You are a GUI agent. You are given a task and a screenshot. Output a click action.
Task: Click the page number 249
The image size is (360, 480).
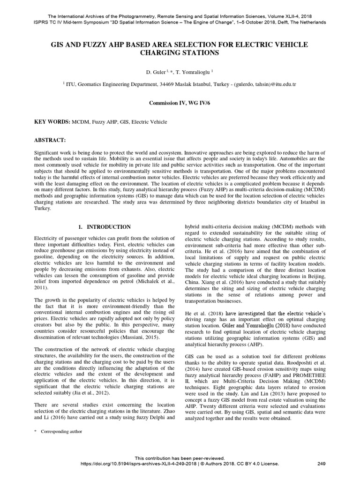click(321, 464)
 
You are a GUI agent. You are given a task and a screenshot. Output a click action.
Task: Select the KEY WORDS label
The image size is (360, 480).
click(52, 121)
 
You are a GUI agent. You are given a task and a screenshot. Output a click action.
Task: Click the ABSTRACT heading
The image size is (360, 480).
click(50, 140)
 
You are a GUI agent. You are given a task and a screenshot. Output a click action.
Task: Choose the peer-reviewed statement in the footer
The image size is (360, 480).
click(180, 458)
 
